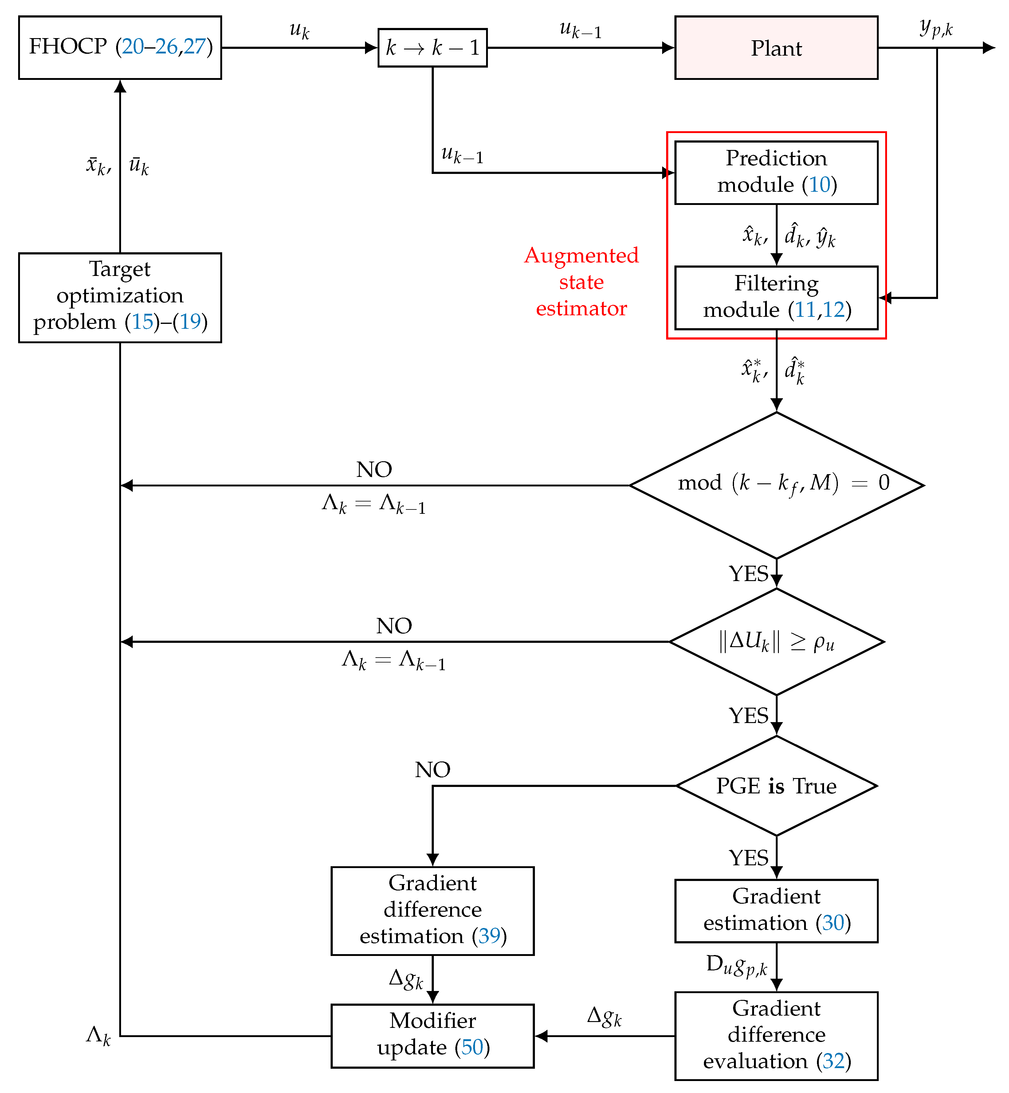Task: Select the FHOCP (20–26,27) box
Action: (x=120, y=48)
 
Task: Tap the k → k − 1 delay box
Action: (x=432, y=48)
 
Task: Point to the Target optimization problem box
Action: (x=120, y=297)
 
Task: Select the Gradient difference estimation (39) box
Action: (x=432, y=911)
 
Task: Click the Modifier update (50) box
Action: (x=432, y=1035)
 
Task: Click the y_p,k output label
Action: (x=936, y=27)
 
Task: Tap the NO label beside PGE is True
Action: (x=432, y=770)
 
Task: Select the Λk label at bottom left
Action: (x=98, y=1035)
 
